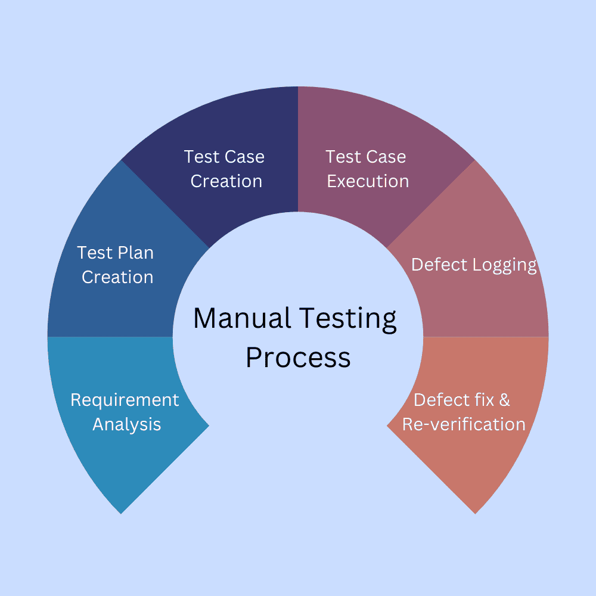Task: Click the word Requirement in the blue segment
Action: point(125,400)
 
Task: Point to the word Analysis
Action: point(127,424)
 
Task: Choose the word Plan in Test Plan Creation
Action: point(135,253)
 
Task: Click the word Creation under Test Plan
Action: point(117,277)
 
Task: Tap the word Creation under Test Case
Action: point(226,181)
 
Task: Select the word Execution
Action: point(368,181)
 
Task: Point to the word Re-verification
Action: point(464,424)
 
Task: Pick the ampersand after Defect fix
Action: point(504,400)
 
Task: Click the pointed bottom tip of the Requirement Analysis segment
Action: point(122,513)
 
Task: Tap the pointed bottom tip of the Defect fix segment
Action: point(475,513)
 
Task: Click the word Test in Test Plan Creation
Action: point(94,253)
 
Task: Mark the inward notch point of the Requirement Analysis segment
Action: point(209,425)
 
